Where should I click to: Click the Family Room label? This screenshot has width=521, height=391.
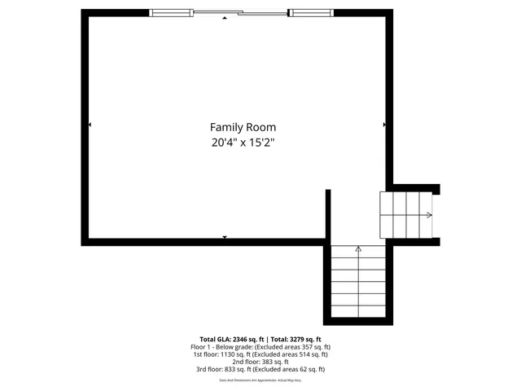(x=243, y=127)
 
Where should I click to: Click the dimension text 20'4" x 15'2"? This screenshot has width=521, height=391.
(x=243, y=143)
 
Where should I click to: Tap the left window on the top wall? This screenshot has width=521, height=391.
(x=172, y=12)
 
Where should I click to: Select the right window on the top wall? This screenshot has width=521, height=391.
(x=312, y=12)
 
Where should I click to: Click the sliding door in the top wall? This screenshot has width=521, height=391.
(x=240, y=12)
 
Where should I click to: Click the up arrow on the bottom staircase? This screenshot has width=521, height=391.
(x=358, y=248)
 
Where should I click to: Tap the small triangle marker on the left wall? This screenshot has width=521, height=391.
(x=89, y=125)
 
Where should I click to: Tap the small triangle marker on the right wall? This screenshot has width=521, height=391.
(x=384, y=125)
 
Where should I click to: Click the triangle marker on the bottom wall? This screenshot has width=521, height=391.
(x=225, y=237)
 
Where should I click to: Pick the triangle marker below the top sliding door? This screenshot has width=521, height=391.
(x=225, y=18)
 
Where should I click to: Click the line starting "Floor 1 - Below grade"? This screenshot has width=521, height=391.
(x=260, y=347)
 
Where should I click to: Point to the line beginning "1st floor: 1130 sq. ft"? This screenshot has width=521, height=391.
(x=260, y=354)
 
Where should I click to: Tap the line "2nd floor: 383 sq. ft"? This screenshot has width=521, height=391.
(x=260, y=362)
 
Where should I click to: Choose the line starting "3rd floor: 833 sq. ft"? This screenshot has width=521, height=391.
(x=260, y=369)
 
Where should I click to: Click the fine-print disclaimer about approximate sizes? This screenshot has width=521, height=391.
(x=260, y=380)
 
